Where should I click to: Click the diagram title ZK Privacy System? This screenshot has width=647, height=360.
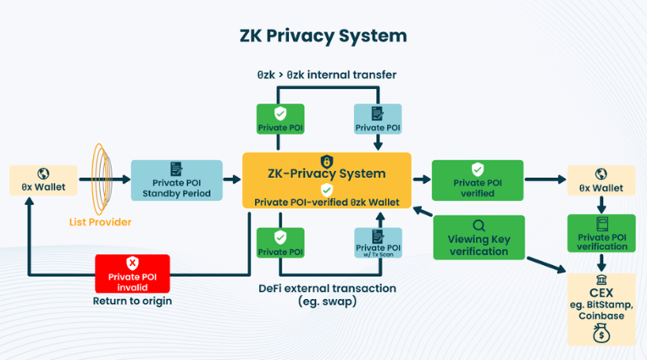pyautogui.click(x=323, y=36)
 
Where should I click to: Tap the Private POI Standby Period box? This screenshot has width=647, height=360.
pyautogui.click(x=176, y=180)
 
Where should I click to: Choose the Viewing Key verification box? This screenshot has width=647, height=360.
pyautogui.click(x=478, y=238)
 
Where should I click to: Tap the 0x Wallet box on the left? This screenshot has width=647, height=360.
pyautogui.click(x=43, y=180)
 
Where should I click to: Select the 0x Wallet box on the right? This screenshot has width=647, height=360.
pyautogui.click(x=600, y=180)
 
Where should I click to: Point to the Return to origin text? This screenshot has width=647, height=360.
pyautogui.click(x=131, y=301)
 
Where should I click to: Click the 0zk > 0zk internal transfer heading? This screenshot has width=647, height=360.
pyautogui.click(x=326, y=75)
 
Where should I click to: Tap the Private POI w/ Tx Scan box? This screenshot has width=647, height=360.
pyautogui.click(x=377, y=242)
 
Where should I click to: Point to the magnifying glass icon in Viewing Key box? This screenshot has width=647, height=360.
pyautogui.click(x=478, y=225)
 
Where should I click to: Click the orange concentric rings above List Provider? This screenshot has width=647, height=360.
pyautogui.click(x=99, y=178)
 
